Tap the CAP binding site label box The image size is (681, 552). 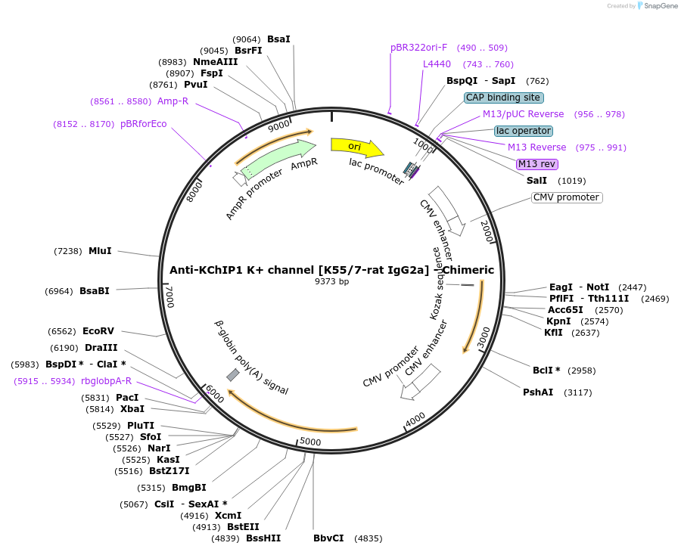pyautogui.click(x=504, y=98)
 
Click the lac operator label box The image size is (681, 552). pyautogui.click(x=524, y=131)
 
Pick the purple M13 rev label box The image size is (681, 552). pyautogui.click(x=537, y=164)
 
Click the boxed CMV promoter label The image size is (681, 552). pyautogui.click(x=566, y=197)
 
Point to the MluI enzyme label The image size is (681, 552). pyautogui.click(x=100, y=251)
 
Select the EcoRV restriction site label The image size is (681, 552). pyautogui.click(x=98, y=331)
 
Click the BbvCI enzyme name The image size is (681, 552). pyautogui.click(x=328, y=538)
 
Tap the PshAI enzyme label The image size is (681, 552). pyautogui.click(x=538, y=392)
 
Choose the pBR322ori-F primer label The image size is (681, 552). pyautogui.click(x=419, y=48)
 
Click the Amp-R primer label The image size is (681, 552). pyautogui.click(x=173, y=101)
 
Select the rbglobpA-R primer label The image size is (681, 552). pyautogui.click(x=106, y=381)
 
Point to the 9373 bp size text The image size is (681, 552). pyautogui.click(x=331, y=282)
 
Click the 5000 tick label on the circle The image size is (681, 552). pyautogui.click(x=311, y=442)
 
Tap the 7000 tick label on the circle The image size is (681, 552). pyautogui.click(x=170, y=297)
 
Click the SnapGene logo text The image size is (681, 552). pyautogui.click(x=658, y=6)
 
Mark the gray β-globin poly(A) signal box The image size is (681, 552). pyautogui.click(x=233, y=374)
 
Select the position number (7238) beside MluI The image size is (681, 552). pyautogui.click(x=67, y=251)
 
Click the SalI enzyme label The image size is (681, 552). pyautogui.click(x=536, y=181)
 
